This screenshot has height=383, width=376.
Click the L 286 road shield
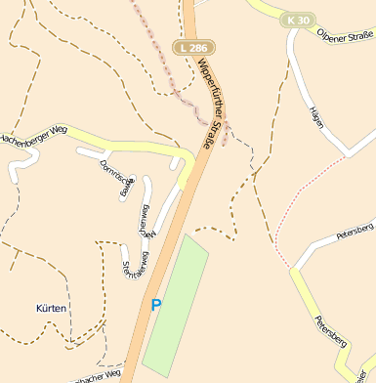point(193,47)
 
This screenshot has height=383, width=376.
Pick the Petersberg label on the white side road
point(355,233)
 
